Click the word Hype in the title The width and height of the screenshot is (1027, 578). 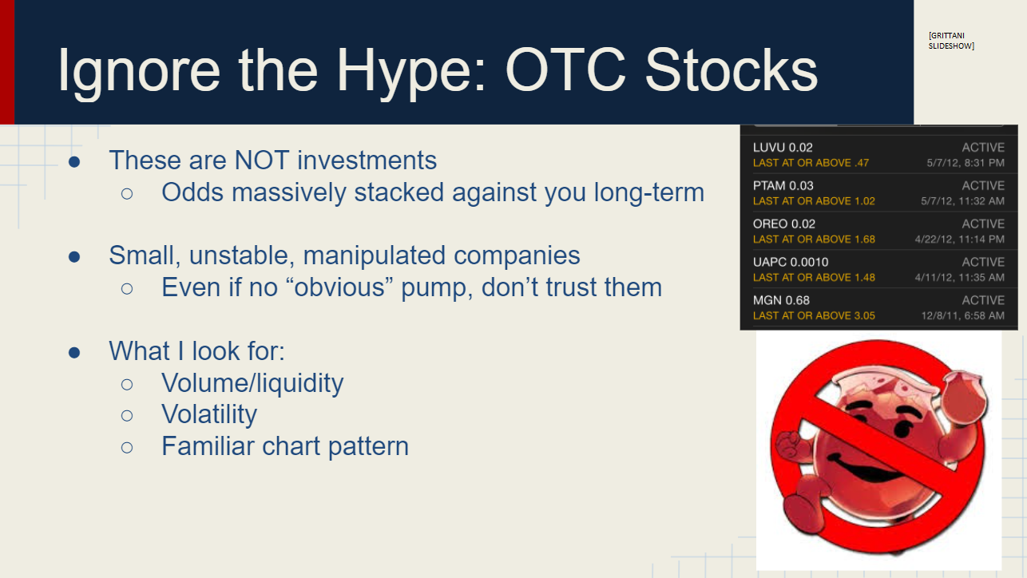coord(410,72)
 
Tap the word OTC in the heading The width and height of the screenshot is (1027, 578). coord(565,69)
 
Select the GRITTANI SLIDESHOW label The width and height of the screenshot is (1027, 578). coord(951,41)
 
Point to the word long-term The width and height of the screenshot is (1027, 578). coord(648,192)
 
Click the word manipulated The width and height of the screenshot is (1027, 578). coord(374,255)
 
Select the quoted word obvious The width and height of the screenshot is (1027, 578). coord(339,287)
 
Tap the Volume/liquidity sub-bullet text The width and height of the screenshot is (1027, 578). coord(252,383)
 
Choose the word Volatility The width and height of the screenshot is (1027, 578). coord(209,414)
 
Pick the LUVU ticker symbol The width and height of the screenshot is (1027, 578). coord(769,148)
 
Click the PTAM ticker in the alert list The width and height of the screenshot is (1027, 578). coord(769,186)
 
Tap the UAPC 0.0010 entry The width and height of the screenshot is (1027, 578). coord(791,262)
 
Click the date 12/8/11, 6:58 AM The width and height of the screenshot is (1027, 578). coord(963,316)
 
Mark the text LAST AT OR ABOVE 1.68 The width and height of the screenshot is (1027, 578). coord(814,240)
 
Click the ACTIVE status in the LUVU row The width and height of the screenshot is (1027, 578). coord(983,148)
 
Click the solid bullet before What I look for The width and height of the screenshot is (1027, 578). coord(74,353)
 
